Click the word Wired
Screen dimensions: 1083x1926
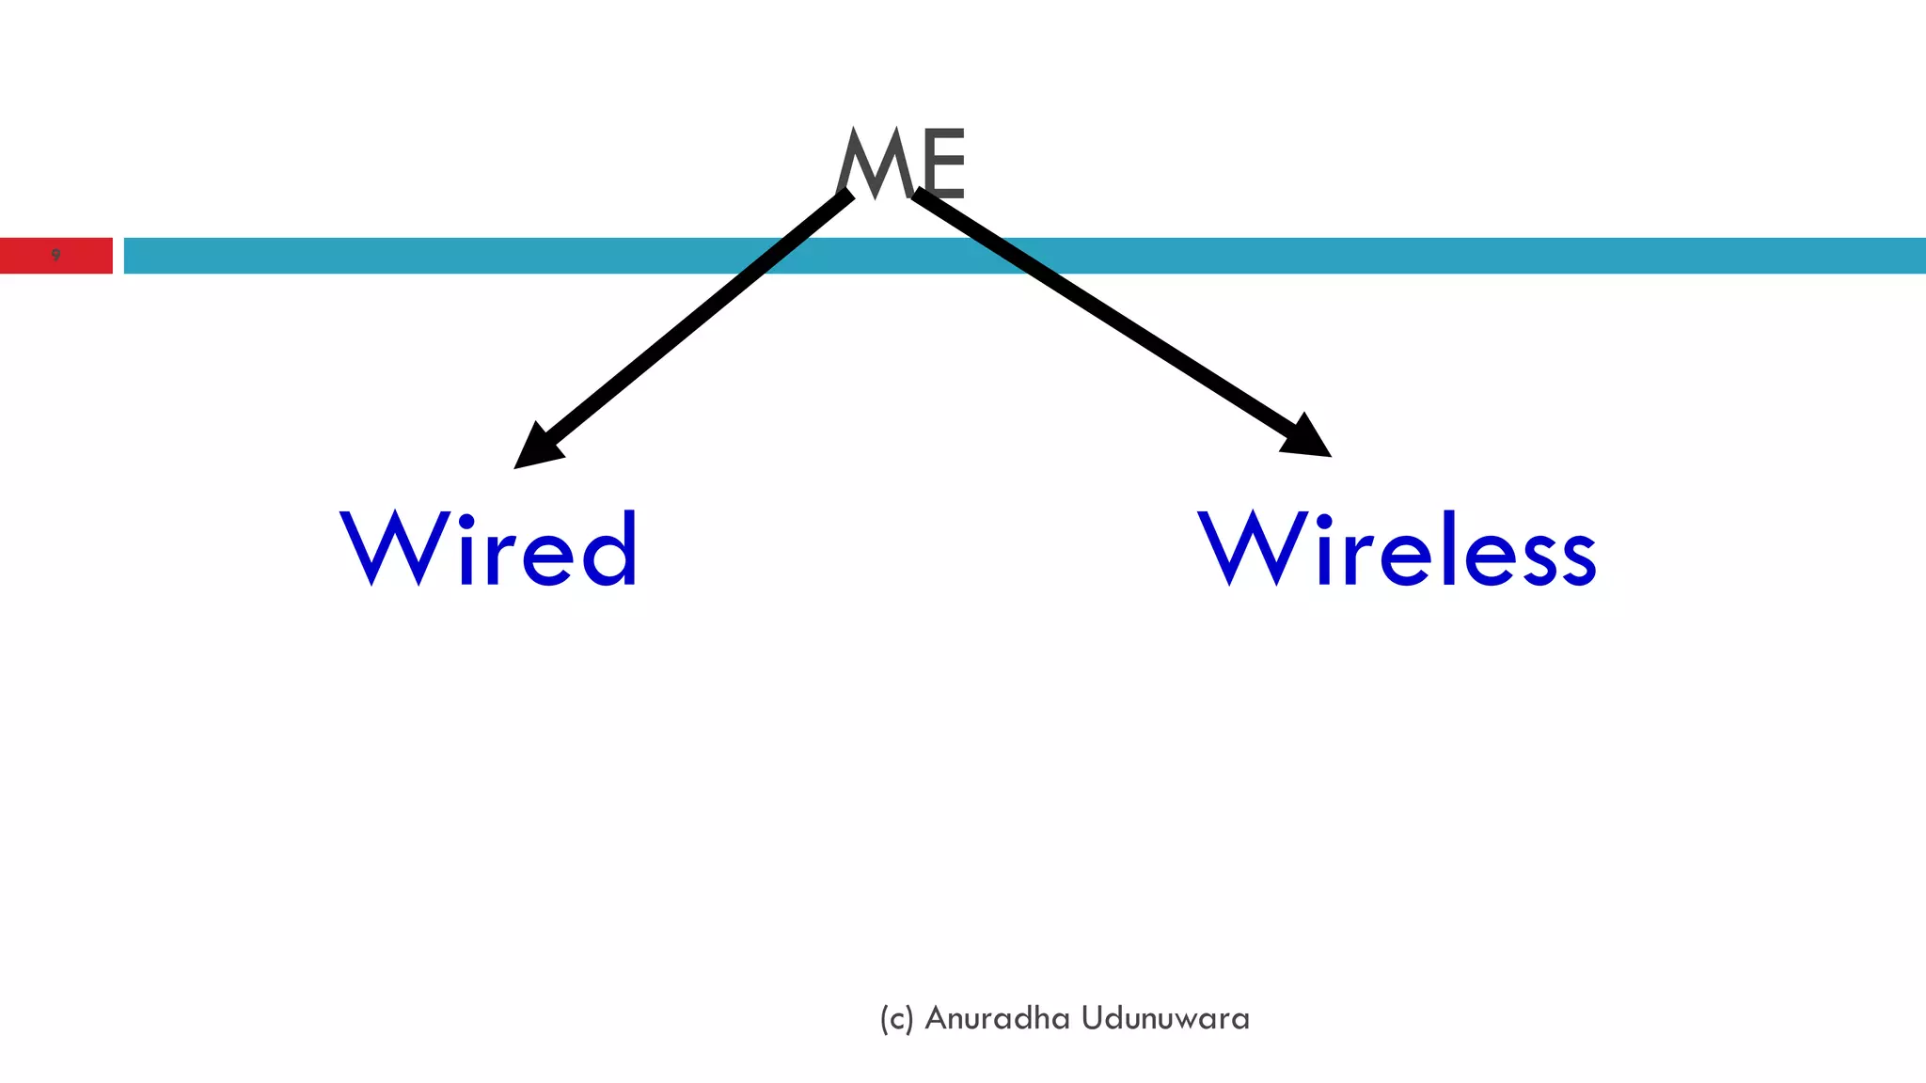(489, 549)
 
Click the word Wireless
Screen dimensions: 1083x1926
(1397, 549)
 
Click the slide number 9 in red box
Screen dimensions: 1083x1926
(55, 256)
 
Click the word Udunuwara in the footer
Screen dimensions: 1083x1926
(1165, 1018)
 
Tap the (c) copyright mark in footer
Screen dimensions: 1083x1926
(896, 1019)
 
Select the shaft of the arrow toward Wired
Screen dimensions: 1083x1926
(696, 320)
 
